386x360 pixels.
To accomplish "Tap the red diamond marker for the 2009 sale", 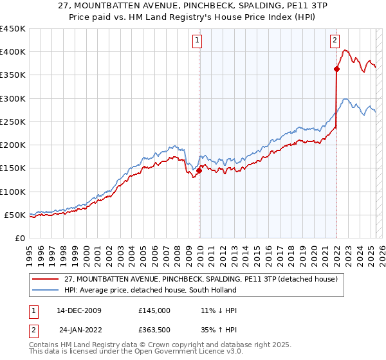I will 199,170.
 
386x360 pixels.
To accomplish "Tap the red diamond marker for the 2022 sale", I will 336,69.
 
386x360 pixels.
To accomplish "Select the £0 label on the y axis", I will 19,238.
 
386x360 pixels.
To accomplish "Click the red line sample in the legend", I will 45,278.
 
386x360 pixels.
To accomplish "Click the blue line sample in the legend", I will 45,290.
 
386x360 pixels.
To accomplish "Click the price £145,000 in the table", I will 154,310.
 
